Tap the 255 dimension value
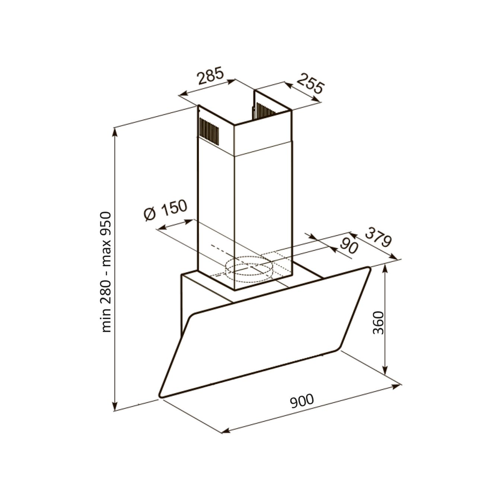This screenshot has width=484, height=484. click(x=310, y=84)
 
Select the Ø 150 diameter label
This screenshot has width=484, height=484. click(x=166, y=211)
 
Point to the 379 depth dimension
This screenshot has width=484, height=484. click(x=378, y=238)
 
